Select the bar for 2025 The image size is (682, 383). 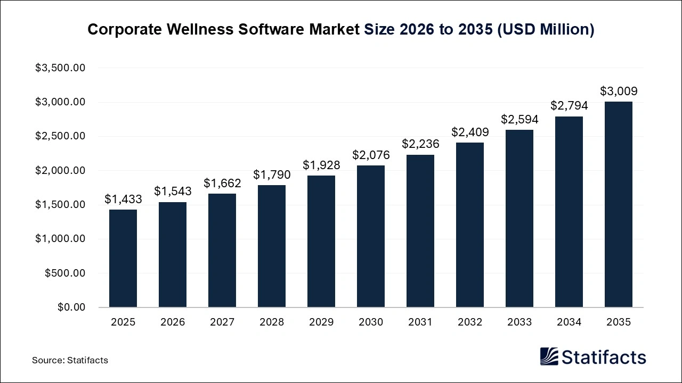pos(123,259)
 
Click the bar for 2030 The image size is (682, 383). pos(371,236)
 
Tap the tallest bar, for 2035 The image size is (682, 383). pos(619,204)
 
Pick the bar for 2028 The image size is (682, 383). pos(272,246)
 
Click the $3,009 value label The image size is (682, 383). pos(619,91)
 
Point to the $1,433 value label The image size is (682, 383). pos(123,199)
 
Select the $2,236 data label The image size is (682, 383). pos(420,144)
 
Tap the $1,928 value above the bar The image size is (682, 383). pos(321,165)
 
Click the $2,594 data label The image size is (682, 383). pos(519,119)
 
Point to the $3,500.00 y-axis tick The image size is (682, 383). pos(60,68)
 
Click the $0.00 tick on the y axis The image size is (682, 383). pos(71,307)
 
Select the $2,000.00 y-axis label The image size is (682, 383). pos(60,171)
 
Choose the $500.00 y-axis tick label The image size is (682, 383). pos(64,273)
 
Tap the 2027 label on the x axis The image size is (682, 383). pos(222,322)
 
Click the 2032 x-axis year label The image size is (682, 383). pos(470,322)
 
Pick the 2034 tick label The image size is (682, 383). pos(569,322)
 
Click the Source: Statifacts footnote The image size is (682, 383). pos(70,360)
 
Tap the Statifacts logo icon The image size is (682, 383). pos(549,356)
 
